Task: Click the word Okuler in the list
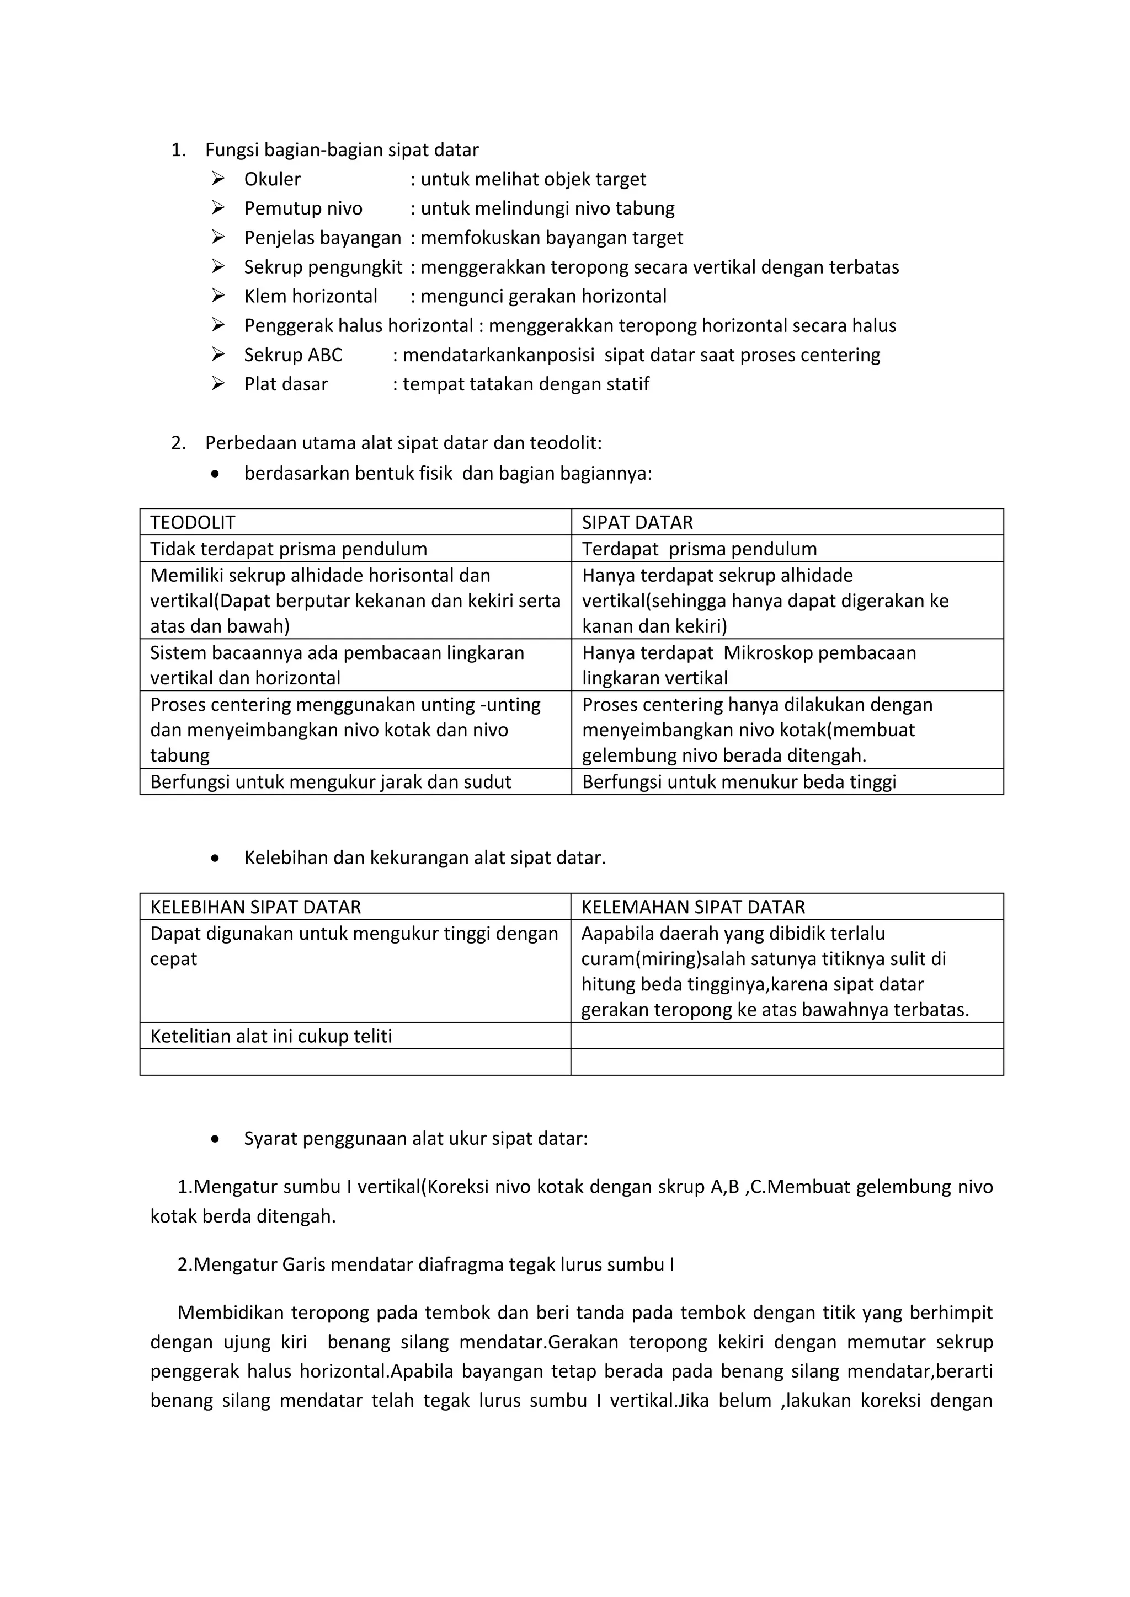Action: point(272,179)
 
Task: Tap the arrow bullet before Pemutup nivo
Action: point(218,208)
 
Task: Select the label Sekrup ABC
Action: point(293,355)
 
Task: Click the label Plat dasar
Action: point(285,384)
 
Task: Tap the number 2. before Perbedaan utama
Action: point(178,443)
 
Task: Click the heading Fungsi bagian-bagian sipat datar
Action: point(342,150)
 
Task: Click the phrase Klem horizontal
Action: point(310,296)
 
